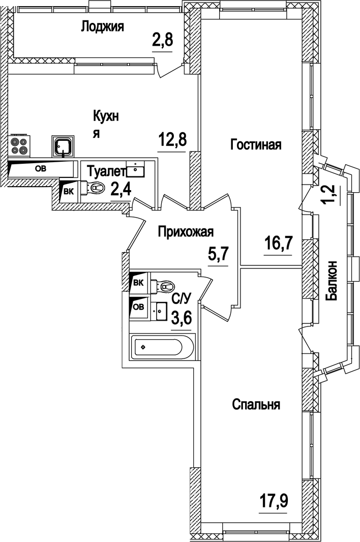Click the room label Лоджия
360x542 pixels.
[102, 26]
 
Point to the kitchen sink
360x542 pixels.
[63, 146]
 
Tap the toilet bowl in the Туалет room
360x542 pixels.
[96, 189]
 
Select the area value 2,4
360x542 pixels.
[121, 190]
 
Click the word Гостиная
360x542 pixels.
[256, 144]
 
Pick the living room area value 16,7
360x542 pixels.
[278, 244]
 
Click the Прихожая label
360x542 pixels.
[186, 232]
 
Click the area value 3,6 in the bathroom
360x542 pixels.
[182, 319]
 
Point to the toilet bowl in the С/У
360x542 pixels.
[163, 287]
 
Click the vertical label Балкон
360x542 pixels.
[332, 281]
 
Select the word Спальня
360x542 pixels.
[256, 405]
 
